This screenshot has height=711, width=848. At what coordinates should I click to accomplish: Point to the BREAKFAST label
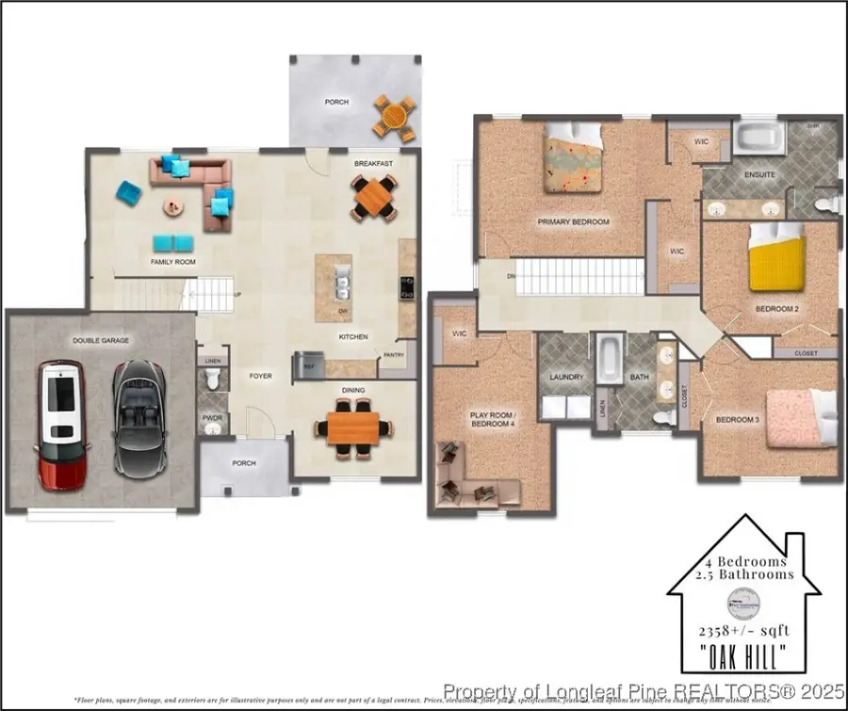point(373,164)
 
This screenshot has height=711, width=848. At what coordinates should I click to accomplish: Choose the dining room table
point(353,427)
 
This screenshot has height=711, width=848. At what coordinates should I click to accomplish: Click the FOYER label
point(261,376)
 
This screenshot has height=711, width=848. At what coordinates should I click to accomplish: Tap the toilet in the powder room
point(213,379)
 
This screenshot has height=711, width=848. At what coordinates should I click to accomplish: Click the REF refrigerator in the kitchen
point(307,363)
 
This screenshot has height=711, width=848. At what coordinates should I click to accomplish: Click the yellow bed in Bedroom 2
point(777,262)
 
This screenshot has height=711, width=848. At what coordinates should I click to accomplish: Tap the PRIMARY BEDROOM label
point(573,222)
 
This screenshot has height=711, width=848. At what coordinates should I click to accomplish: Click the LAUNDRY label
point(567,377)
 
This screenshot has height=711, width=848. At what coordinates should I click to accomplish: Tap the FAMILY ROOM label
point(173,262)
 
